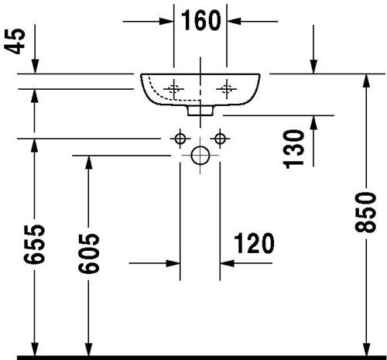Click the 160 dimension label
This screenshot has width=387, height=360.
201,21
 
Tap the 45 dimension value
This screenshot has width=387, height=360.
15,41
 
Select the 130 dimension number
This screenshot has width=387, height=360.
294,149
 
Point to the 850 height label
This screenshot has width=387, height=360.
365,212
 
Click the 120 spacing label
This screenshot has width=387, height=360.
254,243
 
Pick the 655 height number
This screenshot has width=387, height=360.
34,244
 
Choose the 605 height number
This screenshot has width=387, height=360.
88,253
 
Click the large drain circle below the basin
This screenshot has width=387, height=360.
200,156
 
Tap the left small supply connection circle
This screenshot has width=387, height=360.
180,139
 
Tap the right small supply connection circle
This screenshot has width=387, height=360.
220,139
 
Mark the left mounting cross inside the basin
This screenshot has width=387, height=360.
174,89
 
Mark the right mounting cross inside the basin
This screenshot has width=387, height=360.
227,89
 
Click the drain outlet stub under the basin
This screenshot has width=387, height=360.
200,111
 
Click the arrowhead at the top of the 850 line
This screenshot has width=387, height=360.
365,81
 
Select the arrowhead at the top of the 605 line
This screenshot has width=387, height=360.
88,163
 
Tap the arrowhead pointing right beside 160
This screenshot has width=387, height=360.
166,21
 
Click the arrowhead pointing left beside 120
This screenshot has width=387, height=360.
228,263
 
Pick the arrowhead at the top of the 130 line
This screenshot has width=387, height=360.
313,122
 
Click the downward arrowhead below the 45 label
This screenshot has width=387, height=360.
35,67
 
